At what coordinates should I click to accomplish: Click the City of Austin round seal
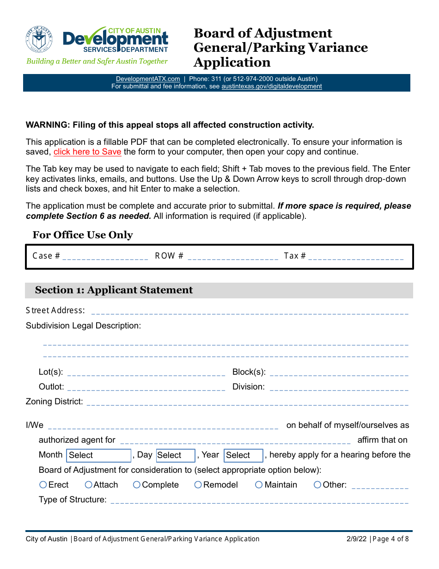[x=39, y=40]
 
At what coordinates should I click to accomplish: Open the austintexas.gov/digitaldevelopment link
[x=272, y=86]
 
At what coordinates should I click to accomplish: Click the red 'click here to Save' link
[x=87, y=152]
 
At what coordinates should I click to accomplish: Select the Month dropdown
[x=99, y=455]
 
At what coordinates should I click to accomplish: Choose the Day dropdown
[x=176, y=455]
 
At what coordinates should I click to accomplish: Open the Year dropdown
[x=244, y=455]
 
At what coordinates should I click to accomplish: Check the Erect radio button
[x=43, y=485]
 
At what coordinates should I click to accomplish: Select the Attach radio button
[x=89, y=485]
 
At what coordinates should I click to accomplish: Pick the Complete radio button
[x=137, y=485]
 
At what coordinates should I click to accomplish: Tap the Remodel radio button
[x=198, y=485]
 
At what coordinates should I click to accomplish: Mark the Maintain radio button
[x=259, y=485]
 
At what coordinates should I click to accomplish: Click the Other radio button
[x=317, y=485]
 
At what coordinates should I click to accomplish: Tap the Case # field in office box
[x=105, y=256]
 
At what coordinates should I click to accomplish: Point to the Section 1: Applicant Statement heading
[x=114, y=290]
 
